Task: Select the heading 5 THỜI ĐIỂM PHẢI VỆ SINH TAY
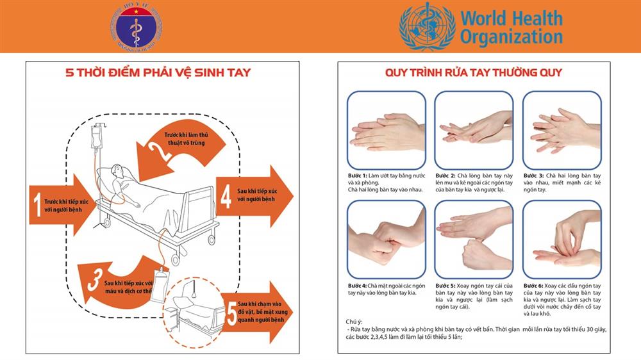pos(158,72)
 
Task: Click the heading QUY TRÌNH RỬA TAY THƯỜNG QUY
pos(473,72)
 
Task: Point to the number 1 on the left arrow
pos(38,204)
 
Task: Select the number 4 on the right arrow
pos(226,196)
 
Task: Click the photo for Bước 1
pos(386,129)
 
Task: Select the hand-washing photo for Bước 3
pos(562,129)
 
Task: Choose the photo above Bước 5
pos(474,240)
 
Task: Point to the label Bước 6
pos(533,285)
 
